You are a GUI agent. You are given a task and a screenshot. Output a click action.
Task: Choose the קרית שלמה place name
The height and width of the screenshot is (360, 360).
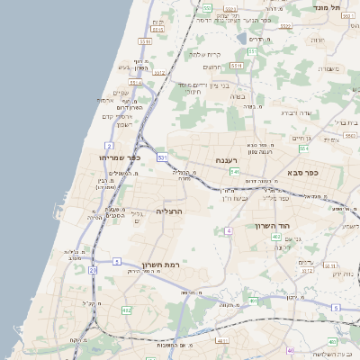click(205, 54)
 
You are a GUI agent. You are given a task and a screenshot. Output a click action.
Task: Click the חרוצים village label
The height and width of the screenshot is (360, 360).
click(212, 67)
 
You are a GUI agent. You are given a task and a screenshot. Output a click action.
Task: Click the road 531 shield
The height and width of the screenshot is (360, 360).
click(162, 157)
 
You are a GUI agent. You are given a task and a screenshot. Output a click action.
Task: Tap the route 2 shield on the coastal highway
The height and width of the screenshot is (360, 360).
click(109, 145)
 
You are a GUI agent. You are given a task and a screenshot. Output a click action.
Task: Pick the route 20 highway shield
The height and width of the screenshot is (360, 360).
click(92, 269)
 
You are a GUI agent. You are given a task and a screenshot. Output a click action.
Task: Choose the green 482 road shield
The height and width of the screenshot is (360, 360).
click(126, 310)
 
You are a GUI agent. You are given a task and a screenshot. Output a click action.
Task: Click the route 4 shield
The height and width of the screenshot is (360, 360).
click(229, 231)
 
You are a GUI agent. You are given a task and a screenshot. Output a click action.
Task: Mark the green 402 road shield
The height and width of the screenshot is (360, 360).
click(275, 237)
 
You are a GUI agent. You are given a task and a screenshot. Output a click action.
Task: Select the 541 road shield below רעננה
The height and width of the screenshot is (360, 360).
click(234, 171)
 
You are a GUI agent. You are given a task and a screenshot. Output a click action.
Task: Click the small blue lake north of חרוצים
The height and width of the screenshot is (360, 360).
click(242, 38)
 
